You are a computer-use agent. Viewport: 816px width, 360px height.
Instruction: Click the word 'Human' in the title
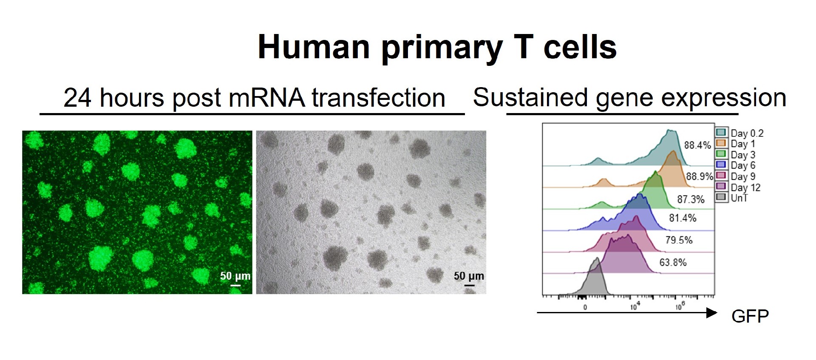(314, 47)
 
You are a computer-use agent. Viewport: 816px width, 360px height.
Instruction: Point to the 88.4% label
(697, 145)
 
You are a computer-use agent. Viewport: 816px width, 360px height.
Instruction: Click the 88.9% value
(700, 176)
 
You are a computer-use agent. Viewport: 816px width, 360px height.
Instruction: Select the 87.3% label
(691, 199)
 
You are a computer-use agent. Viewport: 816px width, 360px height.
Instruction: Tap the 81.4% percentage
(683, 218)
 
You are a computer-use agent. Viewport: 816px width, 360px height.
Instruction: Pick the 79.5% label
(679, 240)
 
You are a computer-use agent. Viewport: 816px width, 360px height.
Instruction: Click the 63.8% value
(673, 263)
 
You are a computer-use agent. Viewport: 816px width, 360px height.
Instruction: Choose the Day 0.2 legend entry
(740, 133)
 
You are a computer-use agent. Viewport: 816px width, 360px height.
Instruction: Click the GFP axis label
(750, 316)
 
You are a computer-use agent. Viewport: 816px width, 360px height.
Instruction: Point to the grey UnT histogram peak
(597, 258)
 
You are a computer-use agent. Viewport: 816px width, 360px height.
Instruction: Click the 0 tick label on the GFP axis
(585, 307)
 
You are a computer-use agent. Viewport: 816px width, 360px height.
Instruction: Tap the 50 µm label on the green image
(235, 276)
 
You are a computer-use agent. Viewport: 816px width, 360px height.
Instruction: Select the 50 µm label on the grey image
(469, 276)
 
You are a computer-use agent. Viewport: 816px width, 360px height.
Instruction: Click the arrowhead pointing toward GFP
(712, 313)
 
